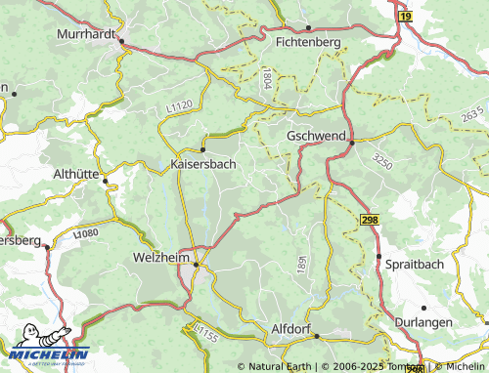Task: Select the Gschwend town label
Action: point(316,137)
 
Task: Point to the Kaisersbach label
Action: point(202,164)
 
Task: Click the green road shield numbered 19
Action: point(405,17)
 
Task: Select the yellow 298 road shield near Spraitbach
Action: point(368,222)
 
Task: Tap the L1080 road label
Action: point(86,234)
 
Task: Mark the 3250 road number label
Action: point(382,163)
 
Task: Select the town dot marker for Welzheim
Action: point(196,264)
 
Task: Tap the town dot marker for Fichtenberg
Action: point(308,28)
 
